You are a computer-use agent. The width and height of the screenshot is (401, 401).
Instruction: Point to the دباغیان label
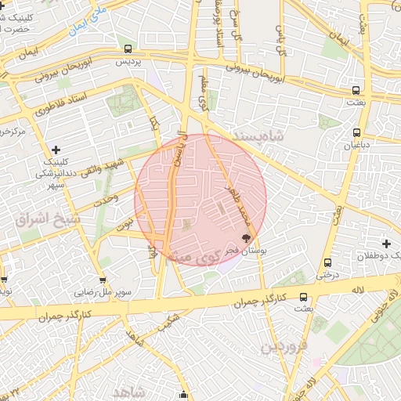pos(357,145)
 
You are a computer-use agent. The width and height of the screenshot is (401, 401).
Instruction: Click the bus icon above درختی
pos(327,263)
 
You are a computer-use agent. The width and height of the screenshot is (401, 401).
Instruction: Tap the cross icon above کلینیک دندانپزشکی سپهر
pos(55,150)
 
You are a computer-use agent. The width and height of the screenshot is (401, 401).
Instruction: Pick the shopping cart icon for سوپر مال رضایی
pos(103,280)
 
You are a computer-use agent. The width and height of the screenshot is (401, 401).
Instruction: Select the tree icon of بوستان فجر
pos(247,237)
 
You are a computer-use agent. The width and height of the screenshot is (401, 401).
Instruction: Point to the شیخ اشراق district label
pos(48,219)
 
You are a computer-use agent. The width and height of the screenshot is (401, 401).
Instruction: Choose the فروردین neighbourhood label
pos(282,345)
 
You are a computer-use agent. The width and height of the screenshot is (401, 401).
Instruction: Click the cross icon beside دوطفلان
pos(386,244)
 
